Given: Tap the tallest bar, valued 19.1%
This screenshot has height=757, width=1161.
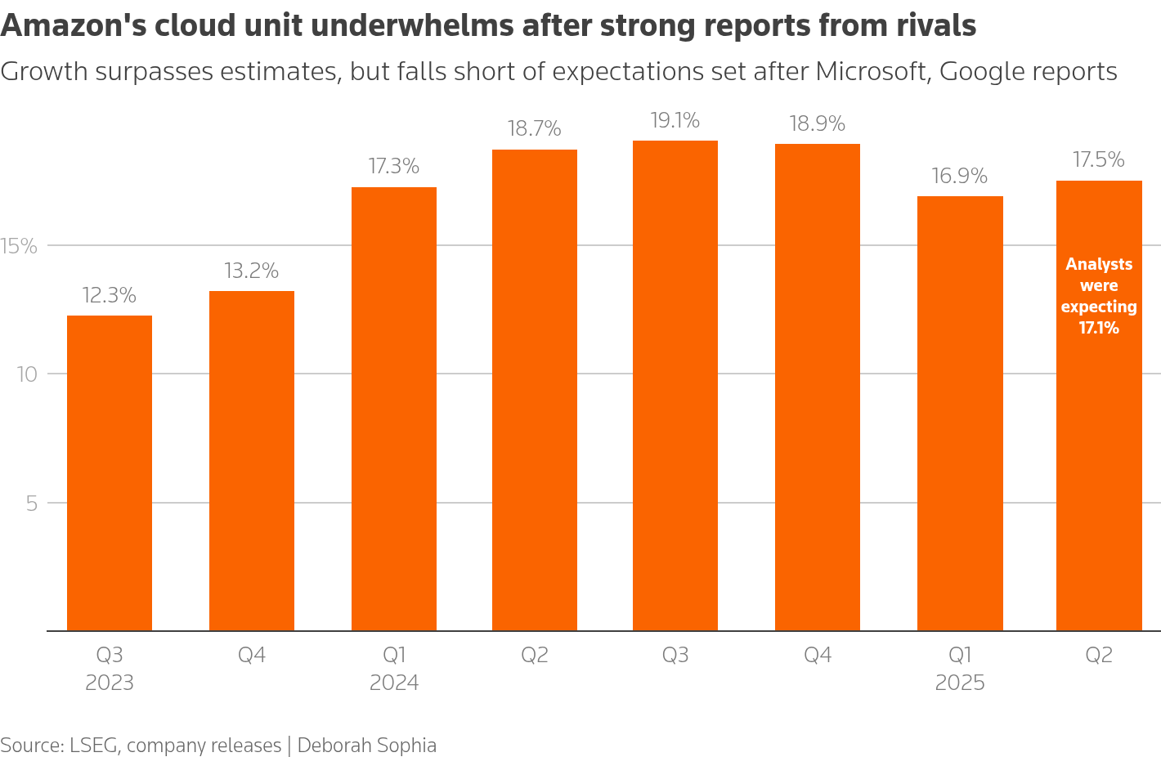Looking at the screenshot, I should [675, 385].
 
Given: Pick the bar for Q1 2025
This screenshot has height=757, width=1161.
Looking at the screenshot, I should [959, 413].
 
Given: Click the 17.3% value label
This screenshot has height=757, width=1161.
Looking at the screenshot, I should [393, 167].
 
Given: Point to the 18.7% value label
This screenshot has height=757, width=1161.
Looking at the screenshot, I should [534, 129].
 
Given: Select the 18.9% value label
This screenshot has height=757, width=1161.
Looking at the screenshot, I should [817, 124].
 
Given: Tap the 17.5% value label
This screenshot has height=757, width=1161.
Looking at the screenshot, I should [1098, 160].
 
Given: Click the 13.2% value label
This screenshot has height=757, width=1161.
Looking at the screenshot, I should [251, 271].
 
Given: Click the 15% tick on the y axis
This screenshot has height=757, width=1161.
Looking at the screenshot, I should [20, 246].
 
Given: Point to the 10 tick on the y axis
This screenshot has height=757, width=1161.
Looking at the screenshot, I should [27, 374].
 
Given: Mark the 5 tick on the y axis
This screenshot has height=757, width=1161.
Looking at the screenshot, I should [32, 504].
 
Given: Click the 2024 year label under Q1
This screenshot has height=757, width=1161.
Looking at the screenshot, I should [393, 683].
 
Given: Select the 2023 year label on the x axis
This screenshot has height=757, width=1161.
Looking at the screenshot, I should [110, 683].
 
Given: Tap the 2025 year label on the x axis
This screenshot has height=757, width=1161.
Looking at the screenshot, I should [959, 683].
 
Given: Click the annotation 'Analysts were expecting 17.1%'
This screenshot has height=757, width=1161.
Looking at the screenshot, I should [1098, 296].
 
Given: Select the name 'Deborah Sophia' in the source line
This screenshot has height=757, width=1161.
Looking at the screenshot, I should [366, 746].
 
